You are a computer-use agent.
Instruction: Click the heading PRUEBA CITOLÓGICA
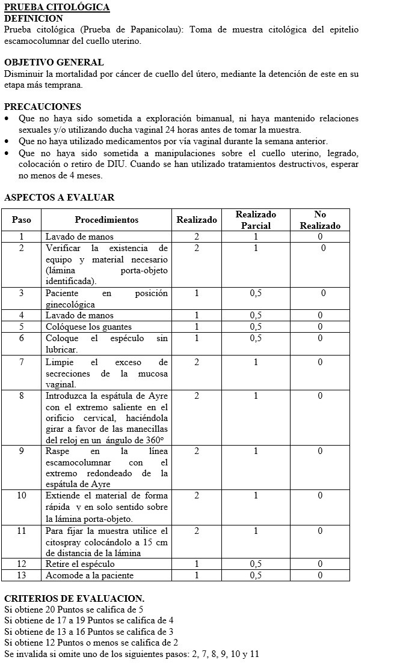[57, 7]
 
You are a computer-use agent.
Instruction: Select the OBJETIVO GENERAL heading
[54, 62]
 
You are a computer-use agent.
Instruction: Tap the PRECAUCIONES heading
[43, 107]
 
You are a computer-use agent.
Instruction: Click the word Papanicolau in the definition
[129, 29]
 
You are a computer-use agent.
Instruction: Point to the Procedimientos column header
[106, 220]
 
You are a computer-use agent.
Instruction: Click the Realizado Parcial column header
[256, 220]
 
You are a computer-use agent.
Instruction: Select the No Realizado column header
[320, 220]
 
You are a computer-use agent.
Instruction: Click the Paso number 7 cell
[22, 362]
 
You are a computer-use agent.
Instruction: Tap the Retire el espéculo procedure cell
[80, 564]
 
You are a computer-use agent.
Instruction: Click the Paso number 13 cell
[22, 575]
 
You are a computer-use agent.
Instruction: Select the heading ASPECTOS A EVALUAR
[59, 198]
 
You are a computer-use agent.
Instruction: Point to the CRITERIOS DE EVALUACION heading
[74, 599]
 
